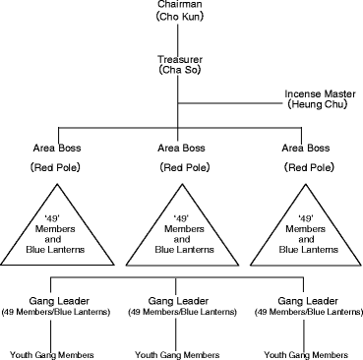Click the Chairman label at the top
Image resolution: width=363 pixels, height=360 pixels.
[x=178, y=5]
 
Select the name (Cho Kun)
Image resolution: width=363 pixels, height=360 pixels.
[x=178, y=18]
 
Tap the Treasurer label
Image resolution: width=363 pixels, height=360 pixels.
[x=178, y=59]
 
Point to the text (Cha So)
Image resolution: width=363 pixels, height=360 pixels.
[x=178, y=72]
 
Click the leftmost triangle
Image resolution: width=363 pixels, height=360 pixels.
[x=58, y=236]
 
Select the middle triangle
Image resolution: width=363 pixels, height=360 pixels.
[x=180, y=236]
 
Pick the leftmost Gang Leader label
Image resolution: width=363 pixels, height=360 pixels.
[x=58, y=300]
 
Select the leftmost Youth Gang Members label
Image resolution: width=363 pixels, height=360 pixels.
[x=53, y=351]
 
